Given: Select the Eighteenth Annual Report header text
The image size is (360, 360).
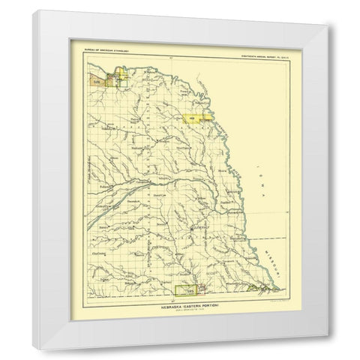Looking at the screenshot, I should click(x=259, y=50).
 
